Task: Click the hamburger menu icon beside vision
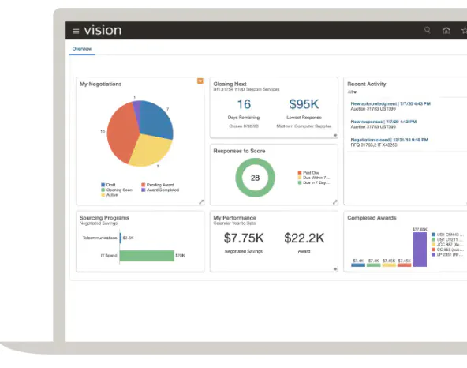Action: click(76, 31)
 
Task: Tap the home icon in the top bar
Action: click(446, 31)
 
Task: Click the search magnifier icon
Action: click(428, 30)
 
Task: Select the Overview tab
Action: click(82, 49)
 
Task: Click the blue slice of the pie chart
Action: click(155, 119)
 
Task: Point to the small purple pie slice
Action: click(136, 107)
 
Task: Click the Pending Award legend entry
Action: click(157, 185)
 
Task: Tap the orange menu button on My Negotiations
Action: click(200, 81)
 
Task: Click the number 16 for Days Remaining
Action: click(244, 104)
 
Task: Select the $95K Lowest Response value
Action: click(303, 104)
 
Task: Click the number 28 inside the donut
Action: click(255, 178)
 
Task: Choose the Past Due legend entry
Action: click(307, 171)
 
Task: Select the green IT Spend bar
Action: click(147, 255)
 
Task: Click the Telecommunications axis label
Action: click(99, 237)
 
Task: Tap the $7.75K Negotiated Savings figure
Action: click(244, 238)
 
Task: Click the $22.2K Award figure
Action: click(304, 238)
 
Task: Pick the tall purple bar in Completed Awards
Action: click(419, 250)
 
